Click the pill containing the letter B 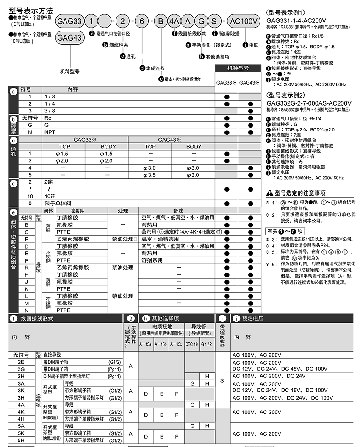pos(161,20)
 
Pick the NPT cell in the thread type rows pos(50,132)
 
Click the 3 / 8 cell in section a pos(50,111)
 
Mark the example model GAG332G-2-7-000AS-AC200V pos(309,103)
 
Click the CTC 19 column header pos(192,344)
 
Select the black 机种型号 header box pos(238,68)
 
